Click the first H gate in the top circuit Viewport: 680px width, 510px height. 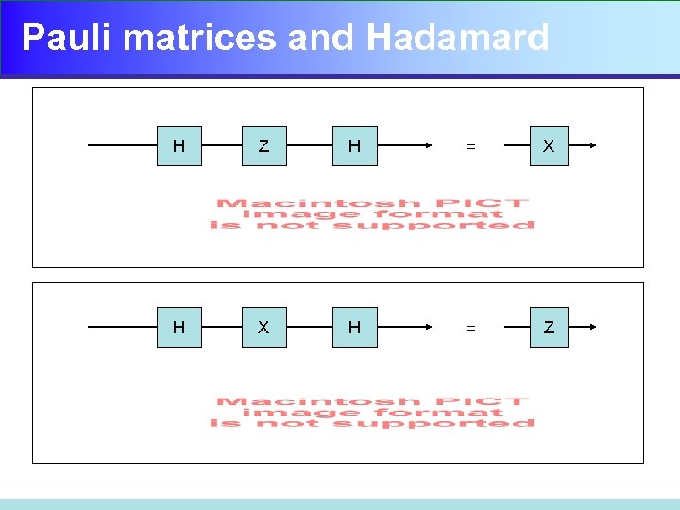(178, 146)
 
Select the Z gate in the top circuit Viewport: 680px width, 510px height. (263, 146)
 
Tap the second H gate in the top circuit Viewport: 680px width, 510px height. (354, 146)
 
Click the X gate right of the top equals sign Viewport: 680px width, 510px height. (549, 146)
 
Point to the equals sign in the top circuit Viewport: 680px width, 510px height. (469, 147)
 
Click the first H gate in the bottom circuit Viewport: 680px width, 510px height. (178, 328)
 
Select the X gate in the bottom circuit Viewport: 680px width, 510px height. (263, 328)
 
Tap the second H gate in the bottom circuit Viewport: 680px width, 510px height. (354, 328)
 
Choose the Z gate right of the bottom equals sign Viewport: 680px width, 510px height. (549, 328)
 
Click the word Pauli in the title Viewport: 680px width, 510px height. (67, 38)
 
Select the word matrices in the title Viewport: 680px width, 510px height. (200, 38)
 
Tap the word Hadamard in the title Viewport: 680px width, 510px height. (457, 38)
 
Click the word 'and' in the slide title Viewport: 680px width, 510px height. (322, 38)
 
